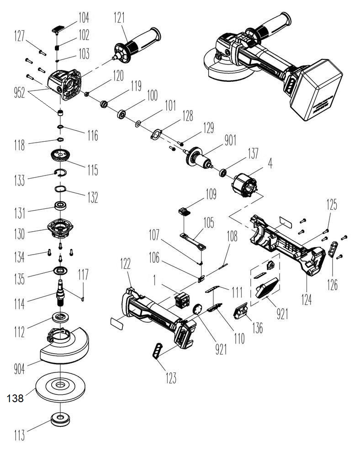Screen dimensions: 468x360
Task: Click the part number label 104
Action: pyautogui.click(x=84, y=18)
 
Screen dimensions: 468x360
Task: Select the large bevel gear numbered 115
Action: pyautogui.click(x=61, y=157)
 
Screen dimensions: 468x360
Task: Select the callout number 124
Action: pyautogui.click(x=306, y=300)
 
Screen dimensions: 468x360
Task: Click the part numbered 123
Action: pyautogui.click(x=158, y=351)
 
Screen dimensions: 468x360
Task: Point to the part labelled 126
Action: pyautogui.click(x=334, y=250)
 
